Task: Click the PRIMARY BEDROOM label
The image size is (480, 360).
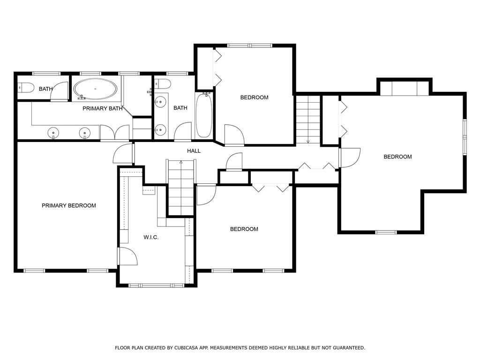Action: tap(68, 205)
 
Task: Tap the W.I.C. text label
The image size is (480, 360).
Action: tap(151, 237)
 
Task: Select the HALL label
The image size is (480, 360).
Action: tap(194, 151)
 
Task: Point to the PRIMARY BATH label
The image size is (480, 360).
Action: tap(103, 108)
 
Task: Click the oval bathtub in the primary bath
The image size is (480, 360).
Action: tap(95, 89)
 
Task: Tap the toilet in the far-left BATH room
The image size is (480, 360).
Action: tap(25, 88)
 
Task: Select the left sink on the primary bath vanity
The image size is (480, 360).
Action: tap(54, 133)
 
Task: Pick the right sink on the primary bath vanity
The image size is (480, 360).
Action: tap(85, 133)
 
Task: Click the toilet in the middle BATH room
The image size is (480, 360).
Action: tap(164, 84)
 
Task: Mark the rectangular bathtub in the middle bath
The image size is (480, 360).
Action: tap(203, 115)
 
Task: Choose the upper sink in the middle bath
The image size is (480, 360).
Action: tap(161, 101)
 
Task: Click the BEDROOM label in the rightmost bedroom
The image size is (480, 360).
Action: tap(397, 157)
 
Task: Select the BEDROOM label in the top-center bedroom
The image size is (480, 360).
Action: tap(254, 97)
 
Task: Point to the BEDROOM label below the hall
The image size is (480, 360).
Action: tap(244, 229)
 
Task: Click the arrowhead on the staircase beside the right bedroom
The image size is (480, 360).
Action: tap(308, 141)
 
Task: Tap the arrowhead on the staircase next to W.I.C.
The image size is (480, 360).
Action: tap(181, 162)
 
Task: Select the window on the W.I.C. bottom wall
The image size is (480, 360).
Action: tap(157, 285)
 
